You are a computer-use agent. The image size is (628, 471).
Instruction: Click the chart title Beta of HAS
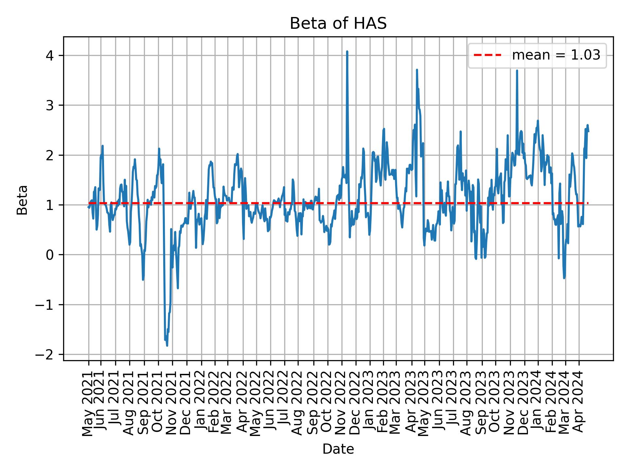click(338, 24)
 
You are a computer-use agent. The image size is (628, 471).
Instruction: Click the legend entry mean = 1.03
click(556, 55)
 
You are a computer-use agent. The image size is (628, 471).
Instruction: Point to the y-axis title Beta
click(22, 200)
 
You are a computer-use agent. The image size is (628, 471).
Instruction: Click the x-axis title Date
click(338, 449)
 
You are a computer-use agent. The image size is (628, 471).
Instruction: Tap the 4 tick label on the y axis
click(50, 55)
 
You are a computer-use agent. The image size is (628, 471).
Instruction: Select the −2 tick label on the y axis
click(45, 355)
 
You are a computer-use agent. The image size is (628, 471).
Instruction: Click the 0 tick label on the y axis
click(50, 255)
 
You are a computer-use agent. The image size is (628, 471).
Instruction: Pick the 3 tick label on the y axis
click(50, 105)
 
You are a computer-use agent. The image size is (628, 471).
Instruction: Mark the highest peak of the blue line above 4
click(347, 51)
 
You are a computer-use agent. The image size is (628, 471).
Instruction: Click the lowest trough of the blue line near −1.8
click(167, 345)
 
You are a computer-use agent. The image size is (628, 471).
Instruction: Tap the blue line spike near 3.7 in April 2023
click(417, 70)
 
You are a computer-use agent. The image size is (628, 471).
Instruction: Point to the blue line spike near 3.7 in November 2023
click(517, 71)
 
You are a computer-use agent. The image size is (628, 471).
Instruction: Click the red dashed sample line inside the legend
click(487, 55)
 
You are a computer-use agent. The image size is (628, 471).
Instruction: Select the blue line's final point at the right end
click(588, 131)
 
